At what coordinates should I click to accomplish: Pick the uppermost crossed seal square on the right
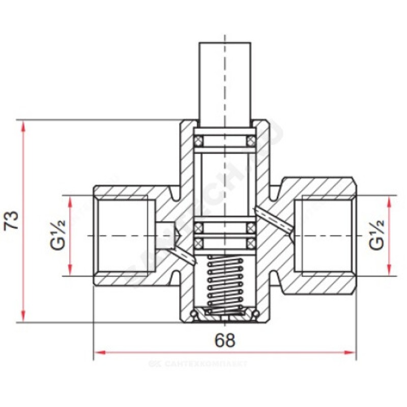251,140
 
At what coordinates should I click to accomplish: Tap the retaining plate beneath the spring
224,316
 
